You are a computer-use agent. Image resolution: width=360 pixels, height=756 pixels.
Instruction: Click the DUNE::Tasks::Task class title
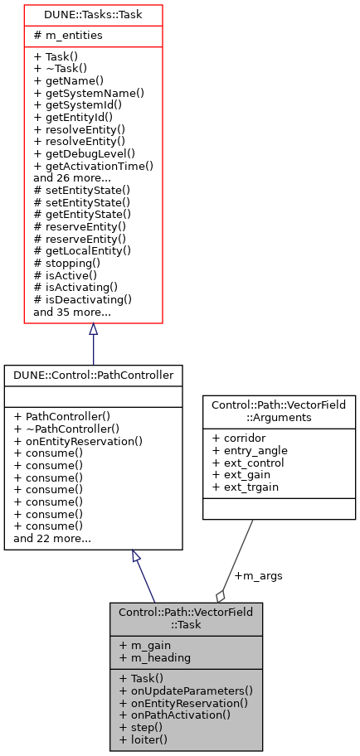pyautogui.click(x=92, y=15)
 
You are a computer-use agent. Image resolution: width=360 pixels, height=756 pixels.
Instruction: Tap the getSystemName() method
pyautogui.click(x=89, y=94)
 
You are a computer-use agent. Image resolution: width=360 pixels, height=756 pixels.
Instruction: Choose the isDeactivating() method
pyautogui.click(x=83, y=299)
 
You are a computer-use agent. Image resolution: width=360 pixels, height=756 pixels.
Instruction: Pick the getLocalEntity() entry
pyautogui.click(x=82, y=250)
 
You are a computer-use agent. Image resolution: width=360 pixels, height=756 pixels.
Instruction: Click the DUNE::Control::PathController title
pyautogui.click(x=93, y=376)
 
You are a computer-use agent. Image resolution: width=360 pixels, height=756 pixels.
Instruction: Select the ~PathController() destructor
pyautogui.click(x=78, y=429)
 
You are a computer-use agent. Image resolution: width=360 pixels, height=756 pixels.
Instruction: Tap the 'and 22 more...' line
pyautogui.click(x=52, y=539)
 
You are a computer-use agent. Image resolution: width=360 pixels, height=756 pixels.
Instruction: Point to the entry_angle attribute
pyautogui.click(x=251, y=449)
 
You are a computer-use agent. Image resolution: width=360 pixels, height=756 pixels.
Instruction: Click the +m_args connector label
pyautogui.click(x=257, y=575)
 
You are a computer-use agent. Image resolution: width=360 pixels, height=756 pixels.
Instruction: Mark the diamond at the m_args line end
pyautogui.click(x=221, y=596)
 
